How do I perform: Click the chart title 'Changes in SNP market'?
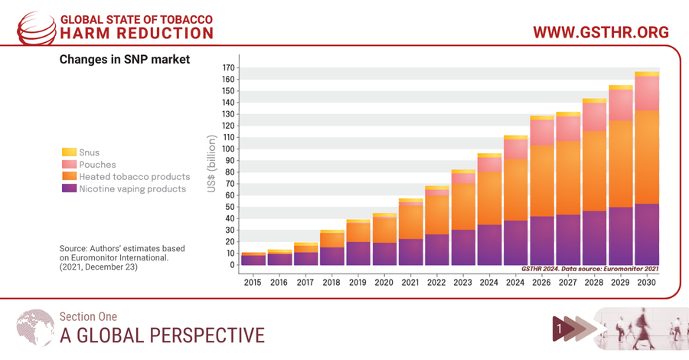click(x=125, y=59)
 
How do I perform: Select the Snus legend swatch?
click(x=69, y=152)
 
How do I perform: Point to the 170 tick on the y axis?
click(x=228, y=68)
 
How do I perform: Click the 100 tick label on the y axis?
click(x=228, y=149)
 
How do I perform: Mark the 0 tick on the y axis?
click(x=232, y=265)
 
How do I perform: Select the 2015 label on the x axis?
click(x=253, y=283)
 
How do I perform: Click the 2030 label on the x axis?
click(x=647, y=283)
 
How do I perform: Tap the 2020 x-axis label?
click(x=384, y=283)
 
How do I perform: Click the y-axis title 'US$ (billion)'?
click(x=211, y=163)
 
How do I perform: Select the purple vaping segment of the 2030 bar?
click(x=647, y=234)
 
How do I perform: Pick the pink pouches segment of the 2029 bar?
click(x=621, y=105)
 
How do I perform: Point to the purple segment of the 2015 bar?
click(x=253, y=260)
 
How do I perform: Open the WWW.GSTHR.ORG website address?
click(x=601, y=32)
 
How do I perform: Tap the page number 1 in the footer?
click(x=560, y=329)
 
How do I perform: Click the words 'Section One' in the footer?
click(x=88, y=316)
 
